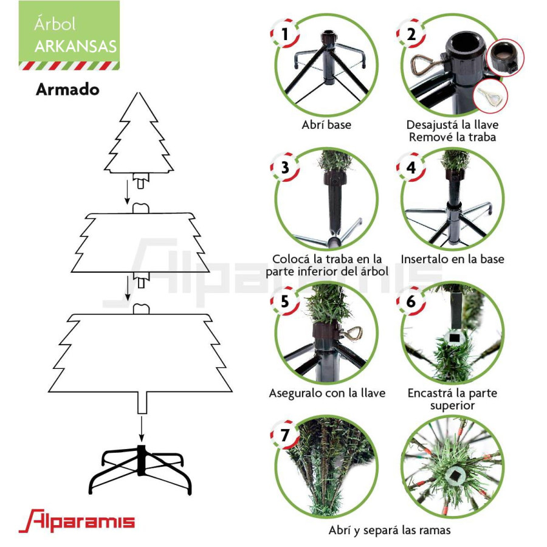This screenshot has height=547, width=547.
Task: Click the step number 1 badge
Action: tap(284, 34)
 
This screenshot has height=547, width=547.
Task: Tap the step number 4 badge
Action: tap(411, 167)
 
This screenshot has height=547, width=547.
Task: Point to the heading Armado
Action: tap(67, 89)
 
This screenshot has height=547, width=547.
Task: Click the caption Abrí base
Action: tap(326, 125)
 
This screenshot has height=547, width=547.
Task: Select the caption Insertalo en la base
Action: tap(452, 260)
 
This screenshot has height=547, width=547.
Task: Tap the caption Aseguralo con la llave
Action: tap(327, 393)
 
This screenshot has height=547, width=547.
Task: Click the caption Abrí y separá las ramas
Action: tap(390, 530)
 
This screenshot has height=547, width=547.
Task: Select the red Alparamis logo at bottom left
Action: tap(77, 521)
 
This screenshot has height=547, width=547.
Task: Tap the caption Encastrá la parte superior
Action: tap(452, 399)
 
